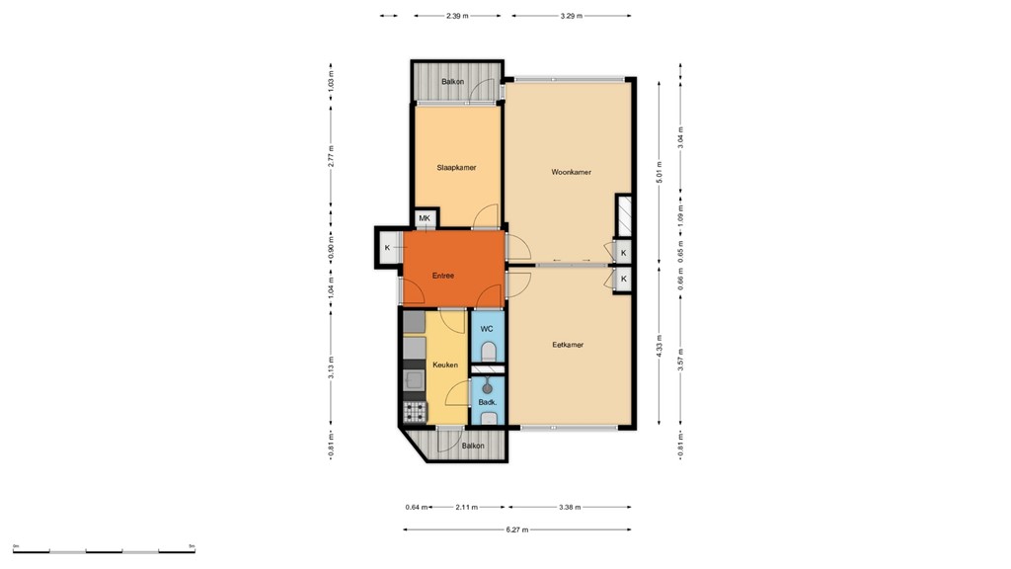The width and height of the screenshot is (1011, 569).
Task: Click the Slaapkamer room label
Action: pyautogui.click(x=456, y=168)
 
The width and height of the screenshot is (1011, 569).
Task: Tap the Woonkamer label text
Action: pyautogui.click(x=571, y=173)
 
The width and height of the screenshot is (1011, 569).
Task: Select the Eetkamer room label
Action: pyautogui.click(x=567, y=345)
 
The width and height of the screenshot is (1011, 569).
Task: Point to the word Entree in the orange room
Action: pyautogui.click(x=442, y=276)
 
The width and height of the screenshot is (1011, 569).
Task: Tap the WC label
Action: pyautogui.click(x=486, y=328)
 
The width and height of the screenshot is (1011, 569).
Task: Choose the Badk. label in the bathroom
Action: pyautogui.click(x=486, y=403)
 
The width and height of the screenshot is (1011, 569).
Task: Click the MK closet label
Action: pyautogui.click(x=425, y=218)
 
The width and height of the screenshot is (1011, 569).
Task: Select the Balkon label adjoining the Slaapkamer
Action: pyautogui.click(x=452, y=82)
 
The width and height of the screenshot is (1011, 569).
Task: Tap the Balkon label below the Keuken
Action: pyautogui.click(x=473, y=447)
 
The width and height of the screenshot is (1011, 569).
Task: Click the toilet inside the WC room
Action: pyautogui.click(x=488, y=351)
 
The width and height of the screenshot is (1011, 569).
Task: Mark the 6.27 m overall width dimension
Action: pyautogui.click(x=516, y=530)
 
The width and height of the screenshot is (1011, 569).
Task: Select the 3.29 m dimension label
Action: pyautogui.click(x=571, y=16)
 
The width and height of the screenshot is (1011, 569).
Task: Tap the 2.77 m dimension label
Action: pyautogui.click(x=332, y=156)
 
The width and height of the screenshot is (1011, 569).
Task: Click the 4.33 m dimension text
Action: pyautogui.click(x=659, y=351)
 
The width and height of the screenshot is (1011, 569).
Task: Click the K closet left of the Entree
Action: pyautogui.click(x=387, y=247)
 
